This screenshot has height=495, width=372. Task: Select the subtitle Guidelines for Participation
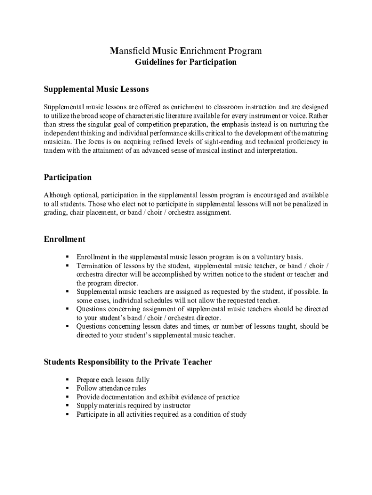pos(186,62)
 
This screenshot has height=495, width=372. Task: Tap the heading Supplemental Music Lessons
pos(96,89)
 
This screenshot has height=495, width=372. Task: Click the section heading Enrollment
pos(64,239)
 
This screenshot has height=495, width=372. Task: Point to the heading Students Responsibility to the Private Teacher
pos(128,362)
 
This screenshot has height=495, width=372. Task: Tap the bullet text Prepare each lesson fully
pos(113,380)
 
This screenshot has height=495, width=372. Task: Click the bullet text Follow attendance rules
pos(111,389)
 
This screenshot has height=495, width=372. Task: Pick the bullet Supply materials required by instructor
pos(133,406)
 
